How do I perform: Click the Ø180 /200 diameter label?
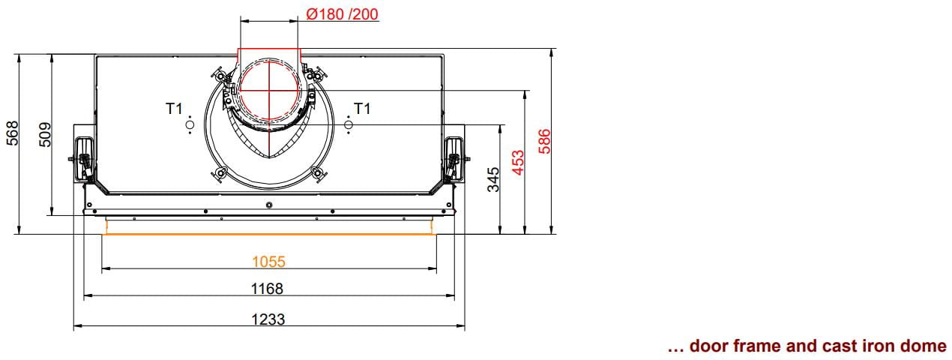click(x=342, y=14)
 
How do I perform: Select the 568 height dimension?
click(x=13, y=133)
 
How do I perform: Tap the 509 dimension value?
click(x=45, y=135)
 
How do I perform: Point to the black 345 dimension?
click(x=493, y=179)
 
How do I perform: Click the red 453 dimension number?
click(x=518, y=162)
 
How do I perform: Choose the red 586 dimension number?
click(x=544, y=142)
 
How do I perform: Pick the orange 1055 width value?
click(x=268, y=262)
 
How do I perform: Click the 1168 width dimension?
click(x=267, y=289)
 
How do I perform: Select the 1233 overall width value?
click(x=268, y=319)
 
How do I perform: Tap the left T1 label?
click(x=174, y=109)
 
